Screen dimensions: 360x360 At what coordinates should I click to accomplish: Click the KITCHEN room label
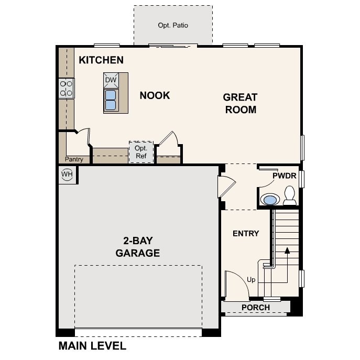tap(101, 60)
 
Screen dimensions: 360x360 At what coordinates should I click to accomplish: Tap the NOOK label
tap(155, 95)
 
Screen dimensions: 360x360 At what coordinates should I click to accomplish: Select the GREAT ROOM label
tap(240, 103)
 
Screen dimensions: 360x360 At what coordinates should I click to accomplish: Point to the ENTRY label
tap(246, 233)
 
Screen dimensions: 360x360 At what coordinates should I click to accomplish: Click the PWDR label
tap(285, 176)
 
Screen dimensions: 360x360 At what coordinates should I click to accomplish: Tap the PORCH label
tap(256, 308)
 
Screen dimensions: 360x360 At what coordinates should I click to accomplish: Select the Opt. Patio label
tap(173, 25)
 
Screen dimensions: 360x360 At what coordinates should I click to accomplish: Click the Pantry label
tap(74, 159)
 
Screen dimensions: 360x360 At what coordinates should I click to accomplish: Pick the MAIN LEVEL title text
tap(92, 346)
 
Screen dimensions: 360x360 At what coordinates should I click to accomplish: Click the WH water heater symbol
tap(67, 174)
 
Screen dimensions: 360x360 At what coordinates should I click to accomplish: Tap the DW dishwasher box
tap(111, 80)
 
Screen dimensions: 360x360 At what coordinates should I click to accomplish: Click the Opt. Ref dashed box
tap(141, 152)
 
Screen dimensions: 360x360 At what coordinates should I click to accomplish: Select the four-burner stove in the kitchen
tap(67, 88)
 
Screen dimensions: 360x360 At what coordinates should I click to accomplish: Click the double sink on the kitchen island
tap(111, 100)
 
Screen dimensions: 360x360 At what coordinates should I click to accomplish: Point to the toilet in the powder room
tap(289, 196)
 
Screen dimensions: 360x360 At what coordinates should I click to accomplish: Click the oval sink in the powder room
tap(270, 200)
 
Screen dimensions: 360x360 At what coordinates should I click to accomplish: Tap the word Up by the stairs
tap(251, 280)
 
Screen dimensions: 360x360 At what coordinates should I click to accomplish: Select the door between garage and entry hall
tap(226, 186)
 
